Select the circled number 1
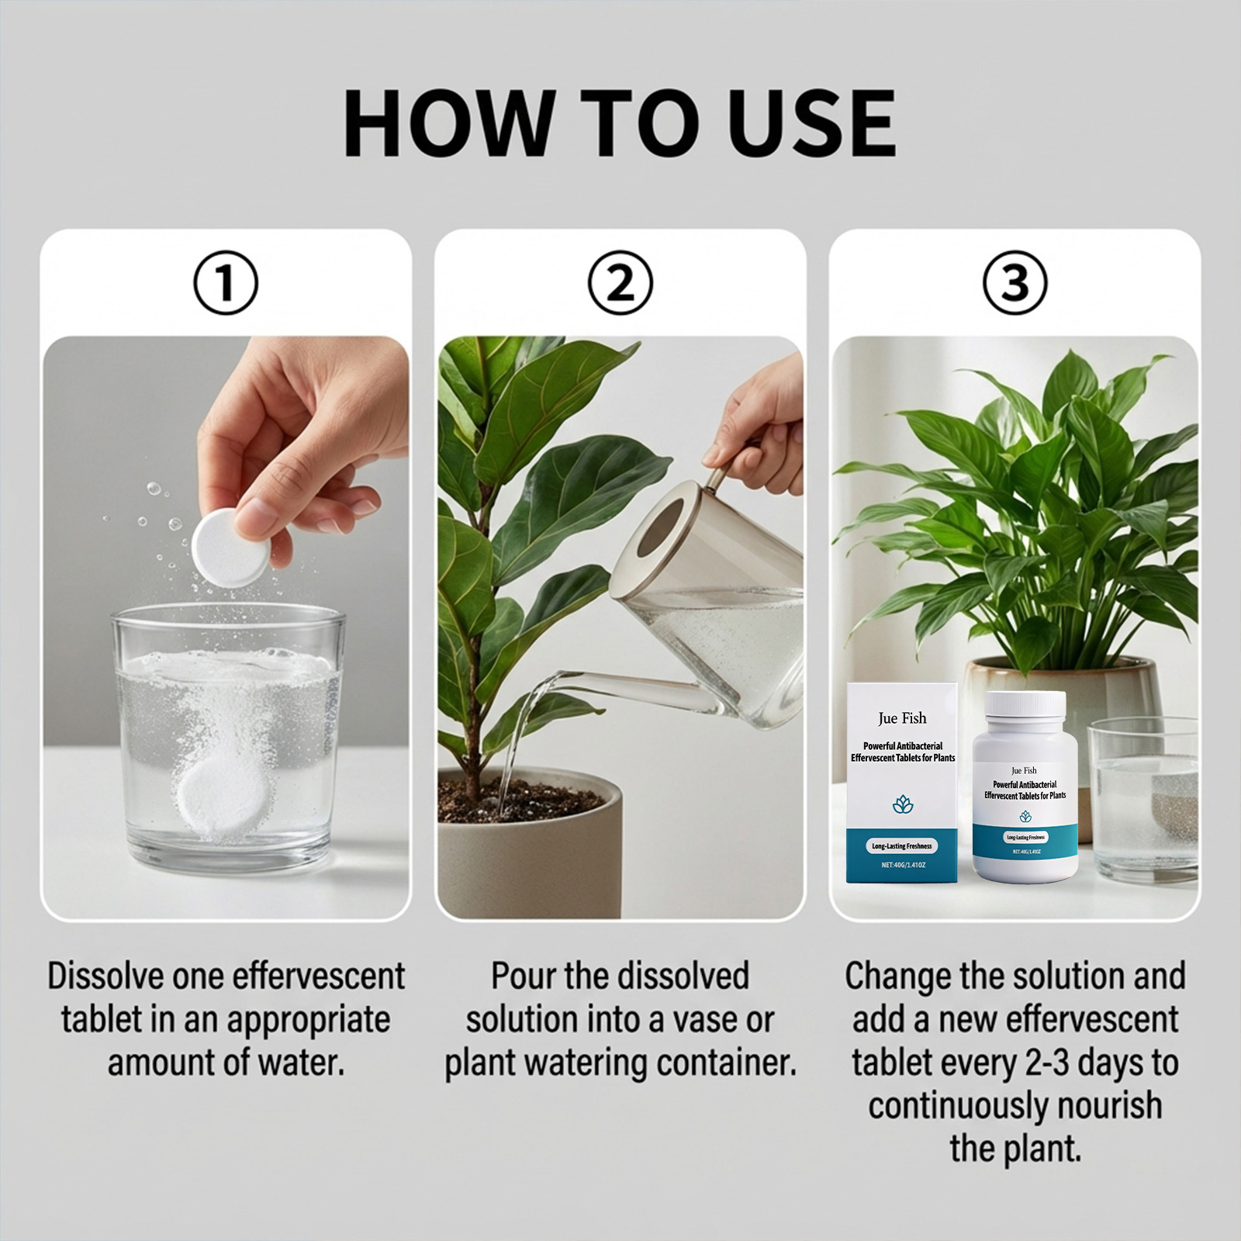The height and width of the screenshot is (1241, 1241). click(x=225, y=282)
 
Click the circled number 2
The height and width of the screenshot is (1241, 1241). click(x=620, y=282)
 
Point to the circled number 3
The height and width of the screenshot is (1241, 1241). click(x=1015, y=282)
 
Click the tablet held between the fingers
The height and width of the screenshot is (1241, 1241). click(x=231, y=546)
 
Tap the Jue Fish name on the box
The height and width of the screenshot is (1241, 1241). click(x=902, y=718)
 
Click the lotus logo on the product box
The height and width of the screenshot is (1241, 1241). click(x=903, y=804)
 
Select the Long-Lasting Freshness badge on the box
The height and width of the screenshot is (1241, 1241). click(x=902, y=845)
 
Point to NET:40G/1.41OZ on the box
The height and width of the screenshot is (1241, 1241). click(x=903, y=865)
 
